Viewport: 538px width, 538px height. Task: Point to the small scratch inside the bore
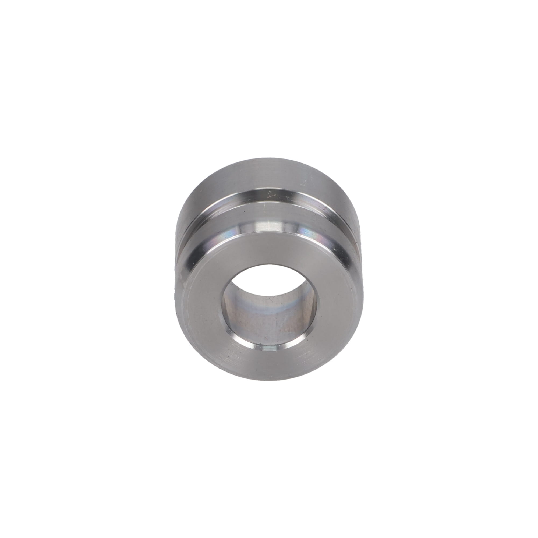[269, 301]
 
